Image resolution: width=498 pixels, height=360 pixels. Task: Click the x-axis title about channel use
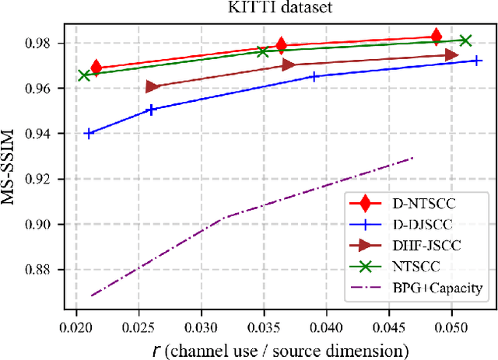tap(278, 346)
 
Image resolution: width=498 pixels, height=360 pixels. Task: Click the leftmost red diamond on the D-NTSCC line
tap(96, 68)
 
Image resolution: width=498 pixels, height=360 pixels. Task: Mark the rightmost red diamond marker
tap(437, 36)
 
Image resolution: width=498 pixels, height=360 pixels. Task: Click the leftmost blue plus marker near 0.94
tap(89, 133)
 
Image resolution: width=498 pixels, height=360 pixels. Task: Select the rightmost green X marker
tap(465, 40)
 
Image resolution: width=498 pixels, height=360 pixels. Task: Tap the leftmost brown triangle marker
tap(152, 87)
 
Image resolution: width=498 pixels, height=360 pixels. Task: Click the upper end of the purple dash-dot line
tap(413, 158)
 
